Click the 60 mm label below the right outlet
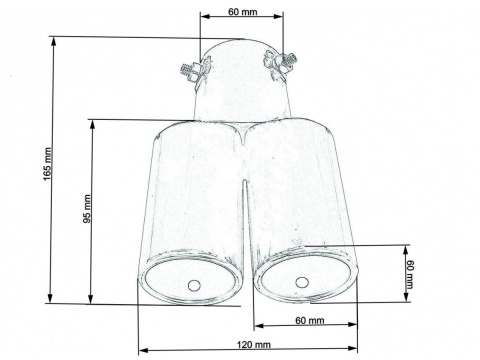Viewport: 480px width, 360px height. tap(310, 320)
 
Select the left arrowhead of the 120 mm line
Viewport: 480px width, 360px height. tap(141, 350)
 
